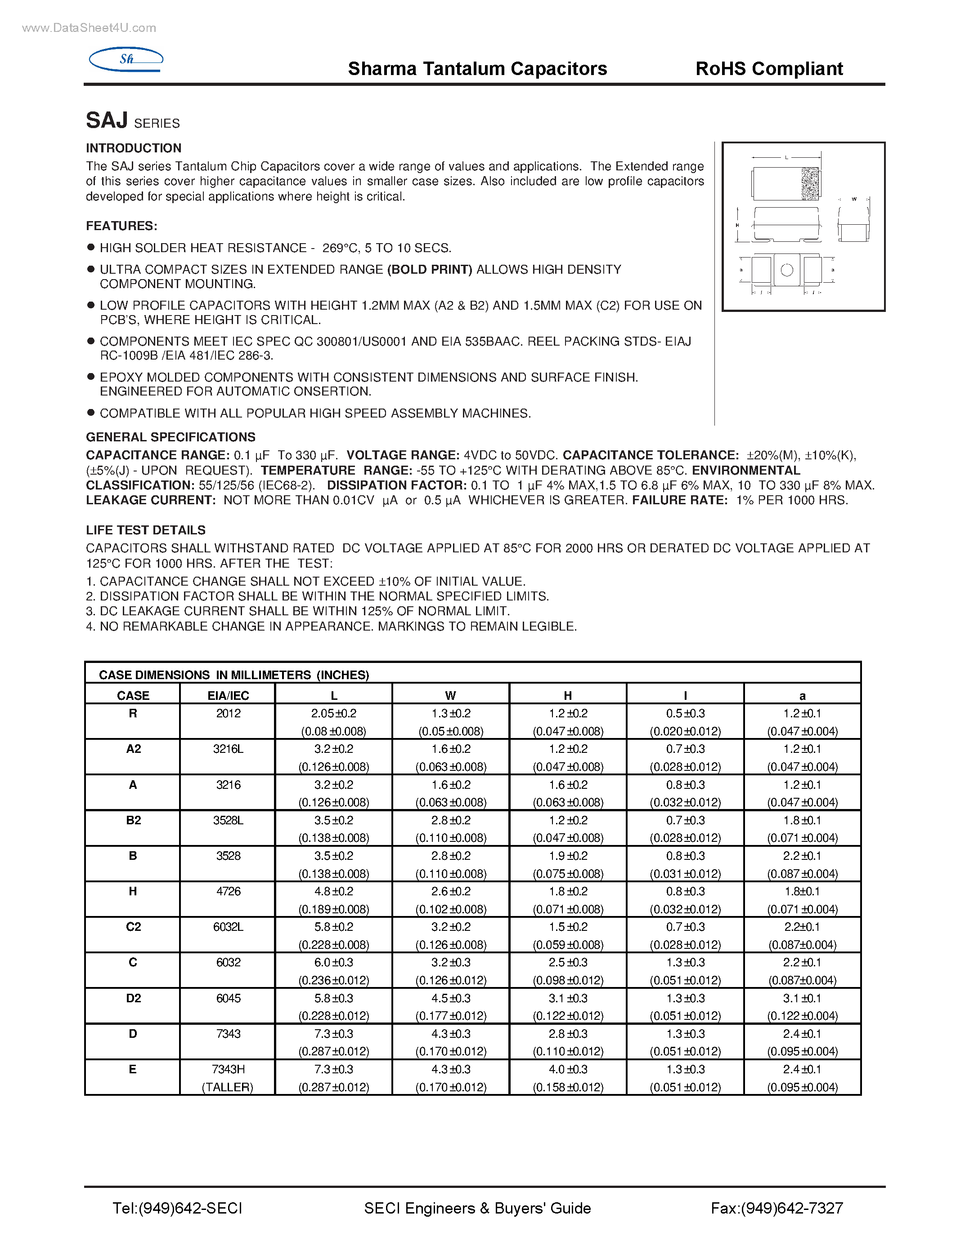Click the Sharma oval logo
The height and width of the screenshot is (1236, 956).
tap(126, 59)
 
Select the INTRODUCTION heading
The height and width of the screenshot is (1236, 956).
tap(134, 148)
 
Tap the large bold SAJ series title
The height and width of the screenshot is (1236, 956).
tap(107, 120)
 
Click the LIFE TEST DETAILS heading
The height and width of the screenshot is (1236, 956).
tap(146, 530)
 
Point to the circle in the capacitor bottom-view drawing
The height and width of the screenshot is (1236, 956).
tap(787, 271)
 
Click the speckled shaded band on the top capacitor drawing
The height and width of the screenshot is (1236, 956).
tap(810, 183)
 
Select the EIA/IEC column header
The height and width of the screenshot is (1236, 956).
tap(228, 696)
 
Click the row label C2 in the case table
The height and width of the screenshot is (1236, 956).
tap(133, 927)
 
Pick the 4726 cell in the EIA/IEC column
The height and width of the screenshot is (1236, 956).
tap(228, 891)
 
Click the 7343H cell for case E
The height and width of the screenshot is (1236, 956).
tap(228, 1069)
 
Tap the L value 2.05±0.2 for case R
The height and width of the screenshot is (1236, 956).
tap(333, 713)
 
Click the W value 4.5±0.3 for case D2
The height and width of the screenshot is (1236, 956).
tap(451, 998)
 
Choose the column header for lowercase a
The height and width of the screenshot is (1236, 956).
tap(802, 696)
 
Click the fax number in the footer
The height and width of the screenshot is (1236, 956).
tap(776, 1208)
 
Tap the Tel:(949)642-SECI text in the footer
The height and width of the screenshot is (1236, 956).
tap(177, 1208)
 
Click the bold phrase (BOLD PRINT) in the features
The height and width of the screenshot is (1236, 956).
tap(429, 269)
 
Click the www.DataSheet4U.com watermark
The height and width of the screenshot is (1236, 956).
tap(89, 28)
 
